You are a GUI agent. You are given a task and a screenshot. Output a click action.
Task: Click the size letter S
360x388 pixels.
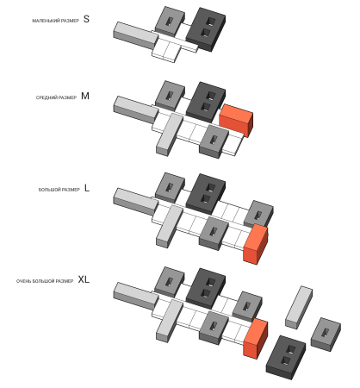[x=86, y=19]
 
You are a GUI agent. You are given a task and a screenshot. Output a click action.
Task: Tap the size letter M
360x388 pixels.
[x=85, y=96]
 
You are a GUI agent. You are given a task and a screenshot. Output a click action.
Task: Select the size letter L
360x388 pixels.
[x=87, y=188]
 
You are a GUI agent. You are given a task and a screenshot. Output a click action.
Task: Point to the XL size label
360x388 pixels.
[x=84, y=279]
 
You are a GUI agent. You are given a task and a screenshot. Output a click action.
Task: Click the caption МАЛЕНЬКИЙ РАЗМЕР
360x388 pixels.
[x=55, y=21]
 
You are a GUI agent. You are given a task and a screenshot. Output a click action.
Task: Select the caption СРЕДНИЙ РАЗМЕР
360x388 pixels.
[x=56, y=97]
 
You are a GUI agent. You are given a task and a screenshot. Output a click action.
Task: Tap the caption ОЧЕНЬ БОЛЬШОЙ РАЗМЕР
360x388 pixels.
[x=45, y=281]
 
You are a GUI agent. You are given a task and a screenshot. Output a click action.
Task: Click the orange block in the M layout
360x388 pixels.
[x=236, y=120]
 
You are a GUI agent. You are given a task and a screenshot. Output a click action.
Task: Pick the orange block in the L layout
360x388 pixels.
[x=256, y=244]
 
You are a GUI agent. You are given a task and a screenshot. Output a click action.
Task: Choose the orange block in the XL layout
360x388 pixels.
[x=256, y=339]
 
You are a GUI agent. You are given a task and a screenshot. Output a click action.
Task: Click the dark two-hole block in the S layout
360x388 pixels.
[x=206, y=29]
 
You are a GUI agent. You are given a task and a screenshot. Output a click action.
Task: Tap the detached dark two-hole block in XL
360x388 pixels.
[x=286, y=357]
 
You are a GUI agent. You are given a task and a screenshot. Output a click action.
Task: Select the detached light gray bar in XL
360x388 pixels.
[x=299, y=307]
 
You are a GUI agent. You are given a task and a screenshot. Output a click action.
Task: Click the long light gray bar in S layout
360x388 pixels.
[x=135, y=35]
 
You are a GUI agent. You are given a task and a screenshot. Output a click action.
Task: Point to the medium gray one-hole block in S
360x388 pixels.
[x=170, y=22]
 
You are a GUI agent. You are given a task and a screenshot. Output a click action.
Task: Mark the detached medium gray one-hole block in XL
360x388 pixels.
[x=326, y=334]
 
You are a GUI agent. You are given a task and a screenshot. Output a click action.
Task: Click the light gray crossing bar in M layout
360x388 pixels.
[x=170, y=135]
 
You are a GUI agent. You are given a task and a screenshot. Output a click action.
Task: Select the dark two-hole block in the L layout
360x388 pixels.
[x=206, y=194]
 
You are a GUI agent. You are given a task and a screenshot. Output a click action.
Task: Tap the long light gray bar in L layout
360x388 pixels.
[x=135, y=202]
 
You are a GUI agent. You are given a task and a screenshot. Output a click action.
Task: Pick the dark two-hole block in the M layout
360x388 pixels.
[x=206, y=103]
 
